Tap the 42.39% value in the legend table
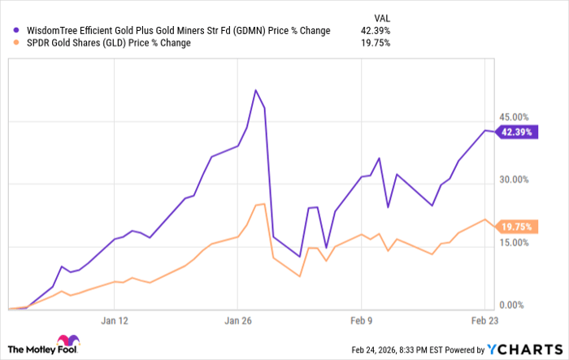tap(376, 31)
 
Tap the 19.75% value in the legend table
tap(376, 43)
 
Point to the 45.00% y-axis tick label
tap(516, 116)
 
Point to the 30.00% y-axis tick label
tap(516, 180)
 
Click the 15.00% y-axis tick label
tap(516, 242)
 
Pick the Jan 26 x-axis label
tap(237, 320)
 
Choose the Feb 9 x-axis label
tap(360, 320)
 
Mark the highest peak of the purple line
tap(256, 90)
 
